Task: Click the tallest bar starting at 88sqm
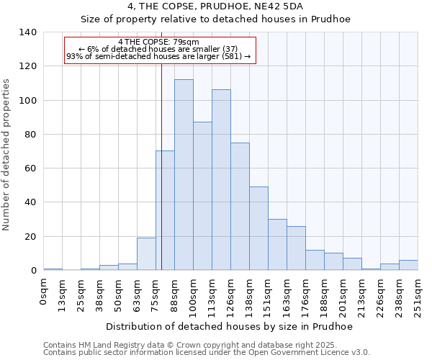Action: [x=184, y=175]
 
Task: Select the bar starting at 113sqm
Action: [x=221, y=180]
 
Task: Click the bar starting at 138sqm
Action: [x=258, y=228]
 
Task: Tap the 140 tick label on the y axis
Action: [x=28, y=32]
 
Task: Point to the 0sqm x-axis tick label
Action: [x=43, y=292]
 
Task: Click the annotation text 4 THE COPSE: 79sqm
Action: [x=158, y=42]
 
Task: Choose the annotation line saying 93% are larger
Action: [x=158, y=56]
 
